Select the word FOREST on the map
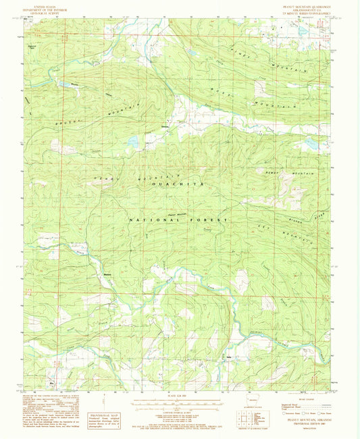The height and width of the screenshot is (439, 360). tap(212, 219)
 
